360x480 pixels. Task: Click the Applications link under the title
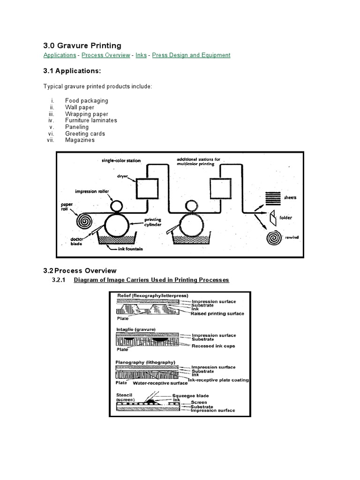click(60, 55)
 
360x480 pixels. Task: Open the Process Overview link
click(106, 55)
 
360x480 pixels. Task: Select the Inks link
click(141, 55)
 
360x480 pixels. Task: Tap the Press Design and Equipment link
click(191, 55)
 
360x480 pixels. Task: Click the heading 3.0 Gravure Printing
click(82, 45)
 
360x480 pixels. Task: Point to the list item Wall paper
click(80, 107)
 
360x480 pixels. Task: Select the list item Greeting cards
click(85, 134)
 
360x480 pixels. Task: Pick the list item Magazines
click(80, 140)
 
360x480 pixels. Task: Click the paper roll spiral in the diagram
click(85, 219)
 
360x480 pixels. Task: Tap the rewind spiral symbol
click(273, 238)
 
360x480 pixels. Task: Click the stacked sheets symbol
click(272, 198)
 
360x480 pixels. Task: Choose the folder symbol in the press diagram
click(272, 217)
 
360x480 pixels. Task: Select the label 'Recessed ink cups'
click(213, 346)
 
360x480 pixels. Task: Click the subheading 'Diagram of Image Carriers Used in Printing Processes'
click(151, 280)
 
